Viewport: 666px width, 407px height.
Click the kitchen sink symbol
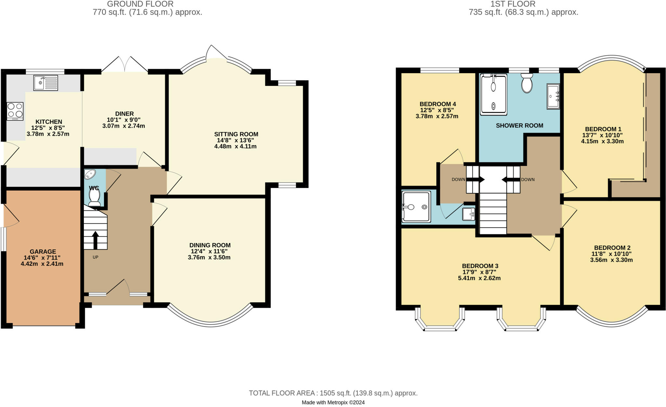46,83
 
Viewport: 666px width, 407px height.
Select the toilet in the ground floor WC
94,197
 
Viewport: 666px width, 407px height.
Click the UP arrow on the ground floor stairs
95,240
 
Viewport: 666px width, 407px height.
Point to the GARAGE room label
43,251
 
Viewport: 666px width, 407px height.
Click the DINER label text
124,114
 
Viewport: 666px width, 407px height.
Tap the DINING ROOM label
210,245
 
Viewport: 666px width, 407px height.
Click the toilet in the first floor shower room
526,83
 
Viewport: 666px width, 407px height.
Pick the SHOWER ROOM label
519,125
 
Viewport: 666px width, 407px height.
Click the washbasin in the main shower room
553,96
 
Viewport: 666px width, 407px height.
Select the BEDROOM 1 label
603,129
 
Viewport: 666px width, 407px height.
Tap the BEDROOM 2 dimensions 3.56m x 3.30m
611,260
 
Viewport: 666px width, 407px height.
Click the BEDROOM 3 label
480,266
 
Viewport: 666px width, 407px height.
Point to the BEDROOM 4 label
437,104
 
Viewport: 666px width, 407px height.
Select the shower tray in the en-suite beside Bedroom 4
416,207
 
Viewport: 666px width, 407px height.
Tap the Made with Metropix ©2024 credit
333,402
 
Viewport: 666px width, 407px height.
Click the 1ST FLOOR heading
513,4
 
